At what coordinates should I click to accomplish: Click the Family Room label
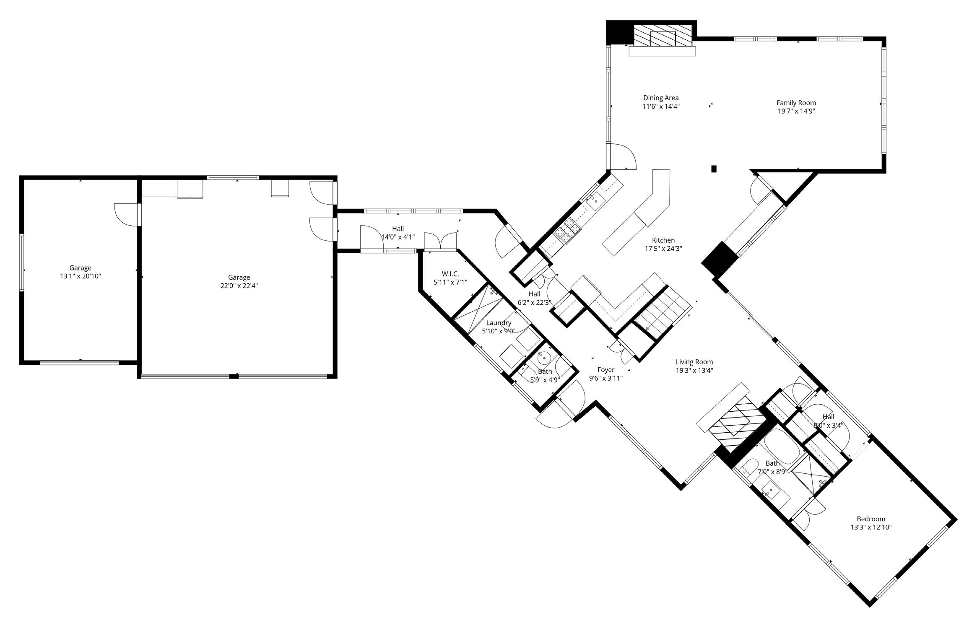[796, 103]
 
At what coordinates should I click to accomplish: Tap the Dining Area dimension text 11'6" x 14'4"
[661, 106]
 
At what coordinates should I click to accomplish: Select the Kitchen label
[663, 240]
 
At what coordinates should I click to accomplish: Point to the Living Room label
[694, 362]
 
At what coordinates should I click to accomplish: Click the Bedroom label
[871, 519]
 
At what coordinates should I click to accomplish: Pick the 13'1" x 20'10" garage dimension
[81, 276]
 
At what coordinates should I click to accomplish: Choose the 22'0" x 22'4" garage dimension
[239, 286]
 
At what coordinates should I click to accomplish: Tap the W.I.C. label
[450, 274]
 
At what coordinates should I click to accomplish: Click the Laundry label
[499, 323]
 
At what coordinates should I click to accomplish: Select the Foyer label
[606, 370]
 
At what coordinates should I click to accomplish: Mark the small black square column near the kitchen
[714, 169]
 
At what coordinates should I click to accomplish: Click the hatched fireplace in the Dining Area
[663, 36]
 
